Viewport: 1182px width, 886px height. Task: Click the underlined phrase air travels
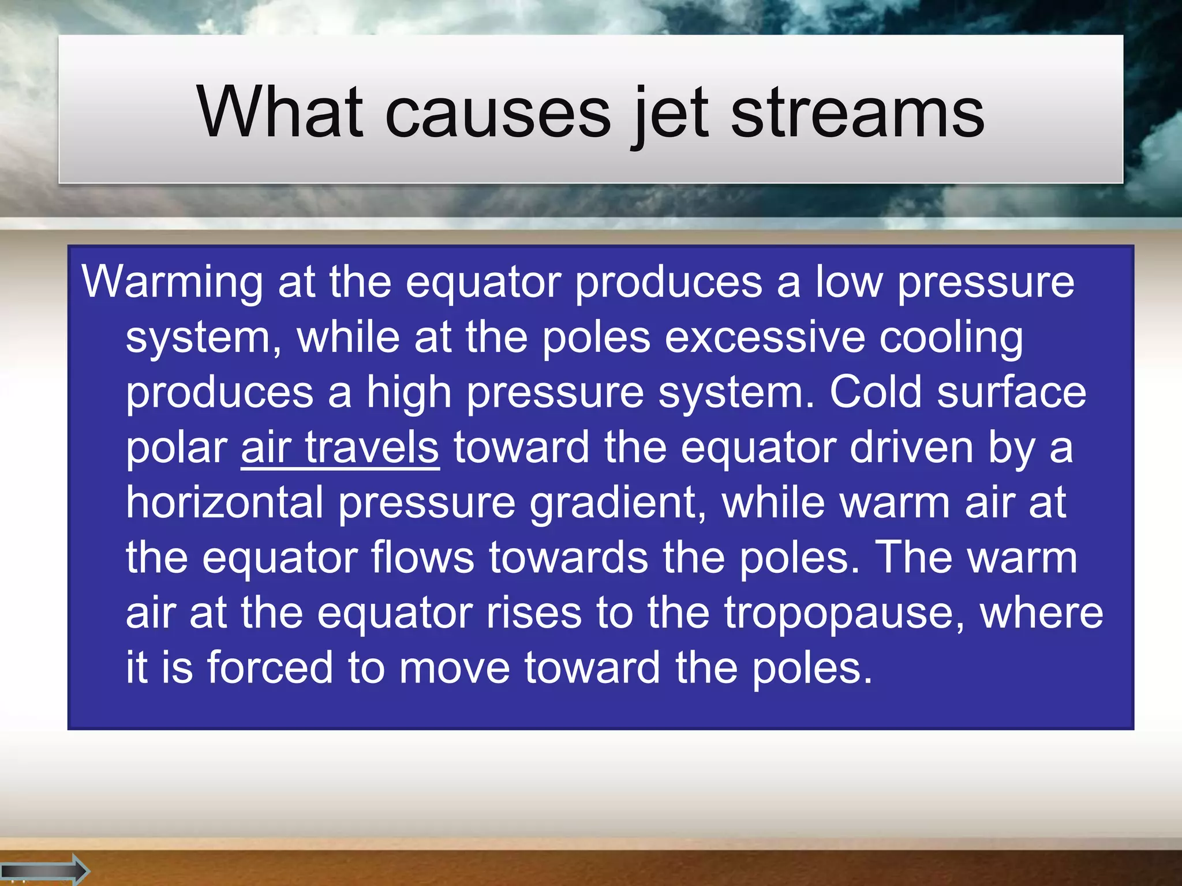click(x=340, y=448)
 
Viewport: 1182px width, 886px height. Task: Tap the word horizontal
click(x=225, y=502)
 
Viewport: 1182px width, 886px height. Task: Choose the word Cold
click(x=876, y=393)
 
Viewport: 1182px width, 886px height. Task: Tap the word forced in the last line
click(x=270, y=668)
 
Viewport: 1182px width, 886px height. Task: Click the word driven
click(x=911, y=448)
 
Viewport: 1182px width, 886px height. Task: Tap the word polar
click(x=177, y=448)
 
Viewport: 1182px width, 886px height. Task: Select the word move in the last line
click(x=455, y=668)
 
